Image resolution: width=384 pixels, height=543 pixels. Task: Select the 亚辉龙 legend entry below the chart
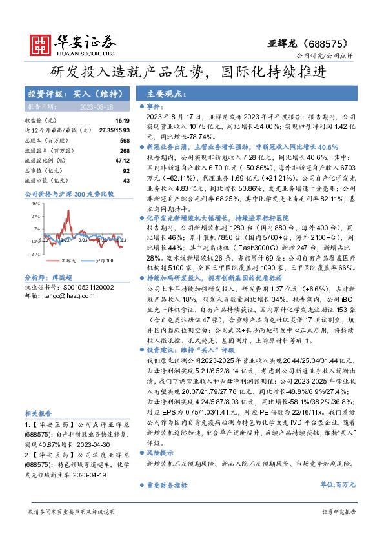click(68, 261)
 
